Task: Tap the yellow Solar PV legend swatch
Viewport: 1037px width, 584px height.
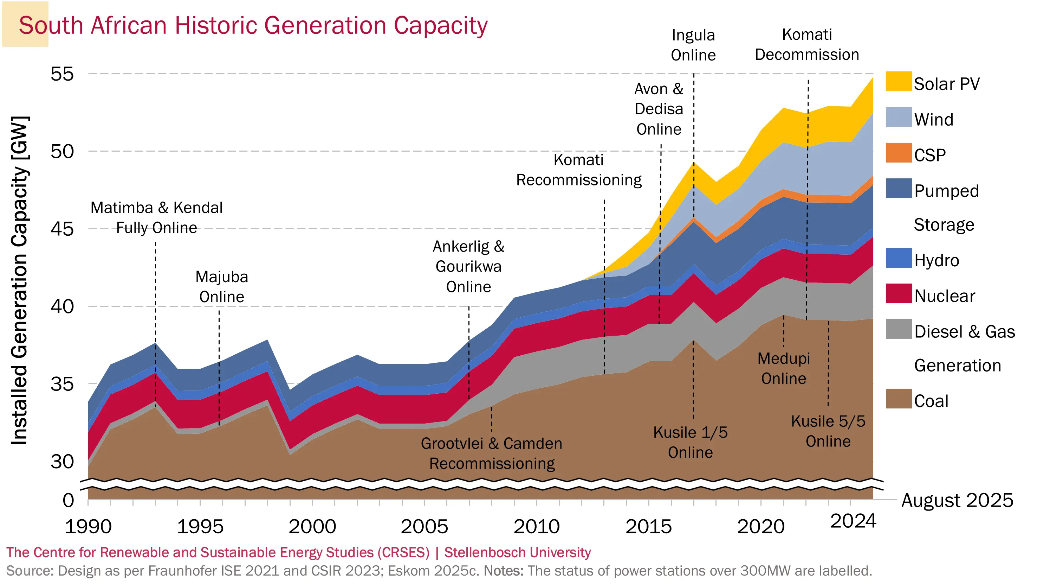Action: (898, 81)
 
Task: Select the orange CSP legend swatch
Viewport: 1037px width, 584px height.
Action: (898, 153)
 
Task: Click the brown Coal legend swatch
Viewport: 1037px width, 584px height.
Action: (898, 399)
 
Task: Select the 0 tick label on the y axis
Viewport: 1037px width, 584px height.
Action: (68, 500)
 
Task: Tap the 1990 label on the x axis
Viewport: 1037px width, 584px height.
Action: (88, 526)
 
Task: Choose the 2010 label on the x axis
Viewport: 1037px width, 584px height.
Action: (537, 526)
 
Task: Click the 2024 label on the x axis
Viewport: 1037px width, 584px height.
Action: (853, 521)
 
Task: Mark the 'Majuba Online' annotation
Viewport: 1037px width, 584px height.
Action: (222, 287)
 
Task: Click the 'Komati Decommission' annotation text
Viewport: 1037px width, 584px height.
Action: (807, 44)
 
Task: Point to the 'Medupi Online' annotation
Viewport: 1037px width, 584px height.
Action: (783, 368)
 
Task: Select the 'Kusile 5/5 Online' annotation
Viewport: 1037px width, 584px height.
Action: (828, 431)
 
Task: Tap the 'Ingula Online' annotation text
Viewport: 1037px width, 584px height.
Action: (693, 45)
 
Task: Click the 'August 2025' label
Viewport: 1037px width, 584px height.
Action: (957, 500)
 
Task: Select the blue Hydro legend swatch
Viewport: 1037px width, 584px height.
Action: (898, 258)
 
